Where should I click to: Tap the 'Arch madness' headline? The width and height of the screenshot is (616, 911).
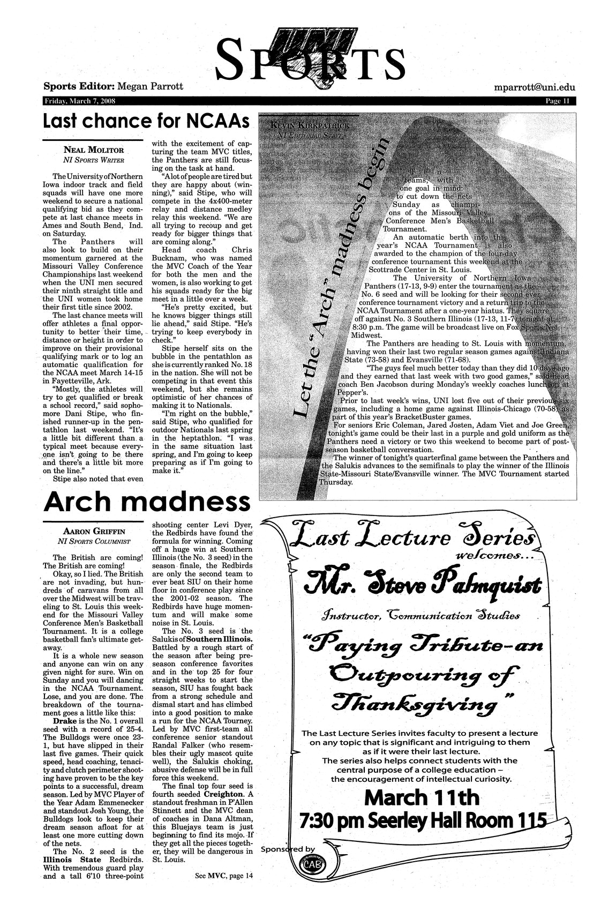[146, 502]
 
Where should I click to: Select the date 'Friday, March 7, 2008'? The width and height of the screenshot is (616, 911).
[78, 101]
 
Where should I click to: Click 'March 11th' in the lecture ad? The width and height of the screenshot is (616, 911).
[421, 798]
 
